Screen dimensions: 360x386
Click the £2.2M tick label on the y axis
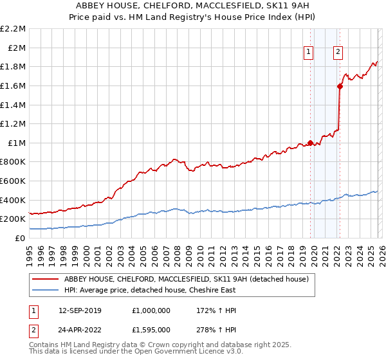(x=13, y=29)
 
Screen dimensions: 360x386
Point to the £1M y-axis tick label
(x=16, y=143)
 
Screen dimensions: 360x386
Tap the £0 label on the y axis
(x=21, y=238)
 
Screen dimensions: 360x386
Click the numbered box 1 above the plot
(x=309, y=53)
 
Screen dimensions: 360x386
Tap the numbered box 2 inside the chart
(x=338, y=53)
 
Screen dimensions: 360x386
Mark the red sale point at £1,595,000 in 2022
(x=340, y=86)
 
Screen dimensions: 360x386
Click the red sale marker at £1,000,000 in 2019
(x=311, y=143)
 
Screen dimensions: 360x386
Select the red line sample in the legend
(x=46, y=279)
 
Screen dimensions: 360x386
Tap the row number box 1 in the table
(x=33, y=311)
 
